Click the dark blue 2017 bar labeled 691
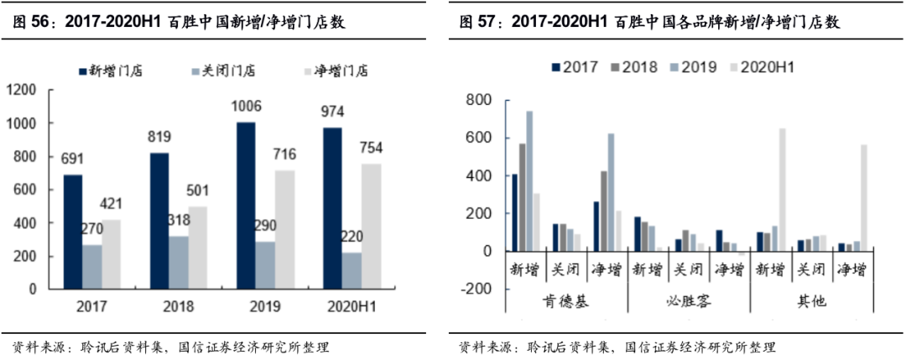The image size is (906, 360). [72, 231]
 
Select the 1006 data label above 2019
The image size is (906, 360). [247, 106]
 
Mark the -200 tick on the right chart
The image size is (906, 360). [475, 288]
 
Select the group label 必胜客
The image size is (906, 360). [688, 300]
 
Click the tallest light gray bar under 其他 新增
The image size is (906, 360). [783, 190]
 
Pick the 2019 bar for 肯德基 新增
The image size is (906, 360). [529, 180]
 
